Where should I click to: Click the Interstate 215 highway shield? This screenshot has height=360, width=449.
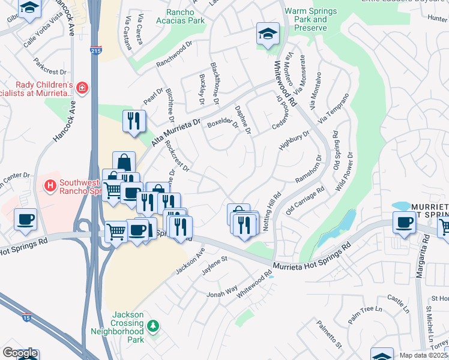(x=95, y=50)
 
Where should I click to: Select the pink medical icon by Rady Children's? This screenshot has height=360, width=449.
(x=82, y=89)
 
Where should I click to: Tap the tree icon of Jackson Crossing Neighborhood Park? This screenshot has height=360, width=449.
(x=154, y=326)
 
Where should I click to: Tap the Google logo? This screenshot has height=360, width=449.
(x=20, y=353)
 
